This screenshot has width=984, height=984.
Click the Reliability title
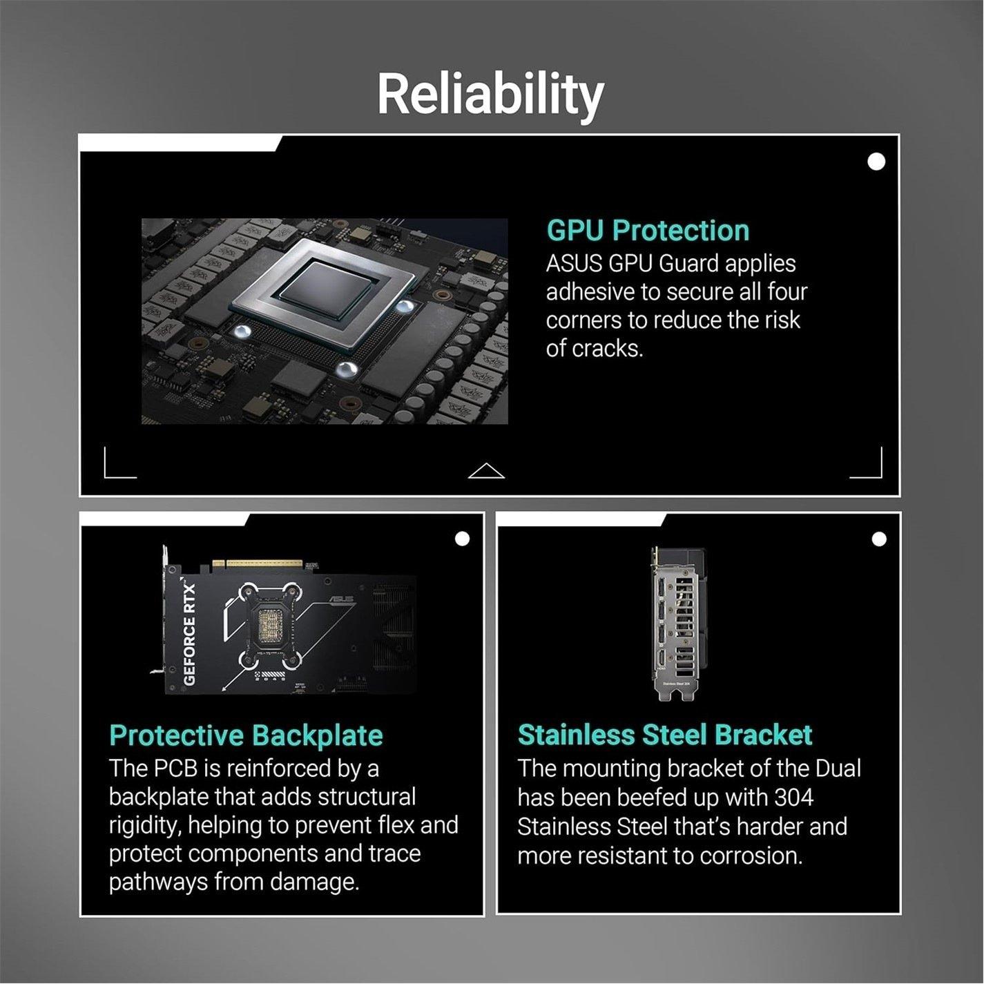coord(490,94)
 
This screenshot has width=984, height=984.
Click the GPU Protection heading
coord(647,231)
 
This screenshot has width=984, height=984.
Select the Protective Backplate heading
coord(246,735)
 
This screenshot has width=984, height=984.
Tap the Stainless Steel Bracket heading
coord(664,735)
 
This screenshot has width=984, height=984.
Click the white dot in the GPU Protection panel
coord(876,162)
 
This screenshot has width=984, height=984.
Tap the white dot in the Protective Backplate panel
coord(462,539)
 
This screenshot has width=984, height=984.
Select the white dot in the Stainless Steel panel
coord(878,539)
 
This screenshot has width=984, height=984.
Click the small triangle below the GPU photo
coord(486,471)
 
